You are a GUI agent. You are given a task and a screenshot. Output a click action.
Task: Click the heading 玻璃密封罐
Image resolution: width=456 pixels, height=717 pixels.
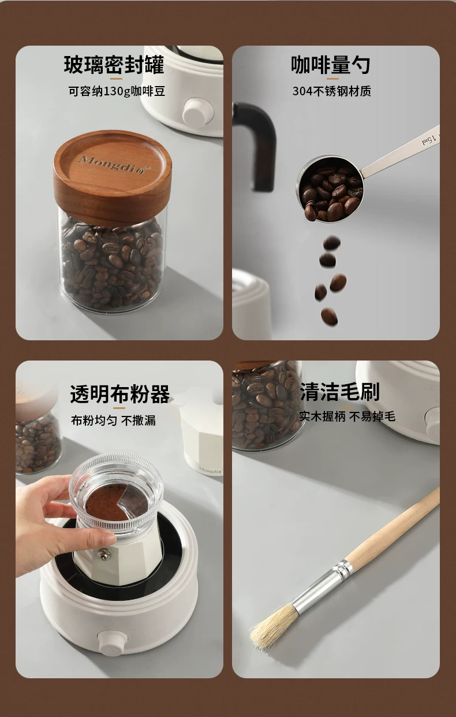pos(114,65)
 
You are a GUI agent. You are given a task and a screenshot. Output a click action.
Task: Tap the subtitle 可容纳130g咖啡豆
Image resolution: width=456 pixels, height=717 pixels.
pos(117,91)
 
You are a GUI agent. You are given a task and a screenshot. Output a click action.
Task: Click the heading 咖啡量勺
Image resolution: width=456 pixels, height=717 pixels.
pos(331,65)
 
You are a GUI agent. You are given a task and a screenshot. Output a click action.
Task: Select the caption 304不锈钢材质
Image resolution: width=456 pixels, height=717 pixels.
pos(331,91)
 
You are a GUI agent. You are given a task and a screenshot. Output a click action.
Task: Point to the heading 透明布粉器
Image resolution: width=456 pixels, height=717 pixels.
pos(120,393)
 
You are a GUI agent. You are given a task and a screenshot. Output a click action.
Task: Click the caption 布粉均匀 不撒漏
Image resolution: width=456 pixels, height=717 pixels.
pos(114,420)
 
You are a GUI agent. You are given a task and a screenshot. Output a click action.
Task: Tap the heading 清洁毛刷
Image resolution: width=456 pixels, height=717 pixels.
pos(339,392)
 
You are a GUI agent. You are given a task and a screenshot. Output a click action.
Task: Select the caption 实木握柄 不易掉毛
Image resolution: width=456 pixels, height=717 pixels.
pos(347,416)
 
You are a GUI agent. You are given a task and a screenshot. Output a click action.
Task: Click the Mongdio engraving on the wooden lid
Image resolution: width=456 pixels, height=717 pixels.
pos(114,164)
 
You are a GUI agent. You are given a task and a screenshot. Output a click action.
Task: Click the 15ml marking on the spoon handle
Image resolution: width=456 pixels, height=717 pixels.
pos(429,140)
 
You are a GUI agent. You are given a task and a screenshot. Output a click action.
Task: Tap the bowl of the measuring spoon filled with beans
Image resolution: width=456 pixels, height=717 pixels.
pos(330,190)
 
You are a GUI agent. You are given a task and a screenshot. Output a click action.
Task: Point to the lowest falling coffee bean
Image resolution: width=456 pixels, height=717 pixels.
pos(330,317)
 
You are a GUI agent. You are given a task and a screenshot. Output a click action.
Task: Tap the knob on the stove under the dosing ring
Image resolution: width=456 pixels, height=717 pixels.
pos(110,641)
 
